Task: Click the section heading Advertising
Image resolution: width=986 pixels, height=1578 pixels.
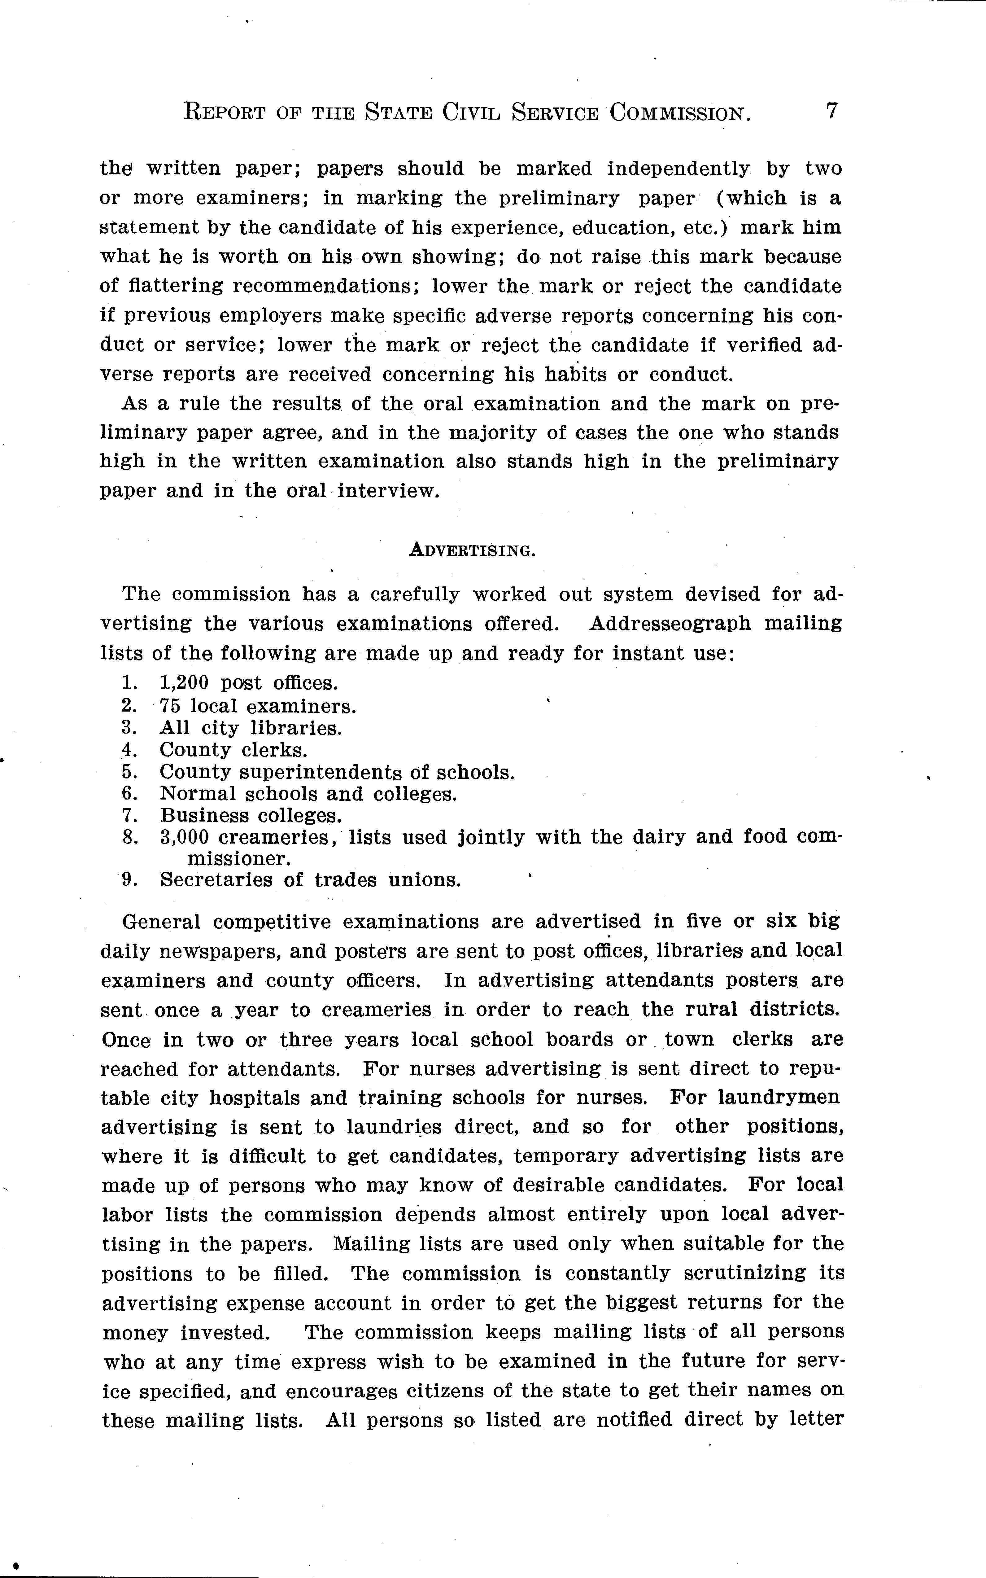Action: tap(472, 551)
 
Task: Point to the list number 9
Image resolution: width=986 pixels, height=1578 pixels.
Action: tap(129, 880)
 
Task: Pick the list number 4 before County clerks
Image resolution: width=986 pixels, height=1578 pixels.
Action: tap(128, 750)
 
